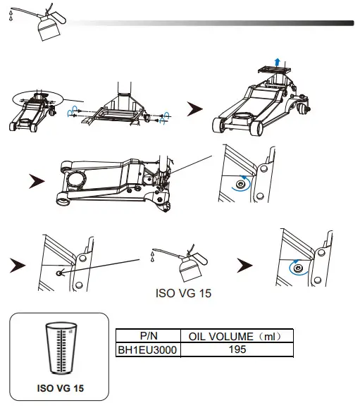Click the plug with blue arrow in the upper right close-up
pyautogui.click(x=242, y=183)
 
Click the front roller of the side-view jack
pyautogui.click(x=66, y=200)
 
